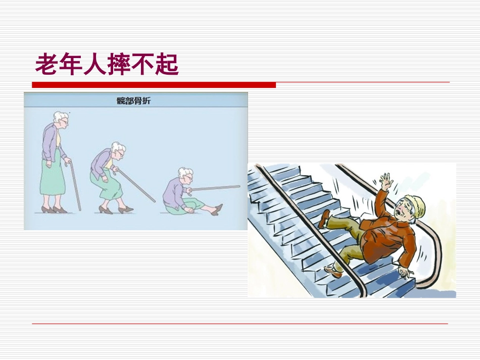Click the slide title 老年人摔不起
point(107,65)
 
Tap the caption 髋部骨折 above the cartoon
point(133,100)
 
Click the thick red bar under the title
point(154,85)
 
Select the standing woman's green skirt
point(53,182)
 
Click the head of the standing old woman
point(61,120)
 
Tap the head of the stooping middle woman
point(118,150)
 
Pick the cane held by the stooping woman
point(136,185)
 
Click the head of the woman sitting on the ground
point(185,175)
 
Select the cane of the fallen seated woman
point(215,188)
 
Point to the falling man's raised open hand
point(386,182)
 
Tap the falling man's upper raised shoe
point(325,218)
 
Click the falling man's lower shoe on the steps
point(333,272)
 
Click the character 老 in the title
point(46,65)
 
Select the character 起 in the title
point(167,65)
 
